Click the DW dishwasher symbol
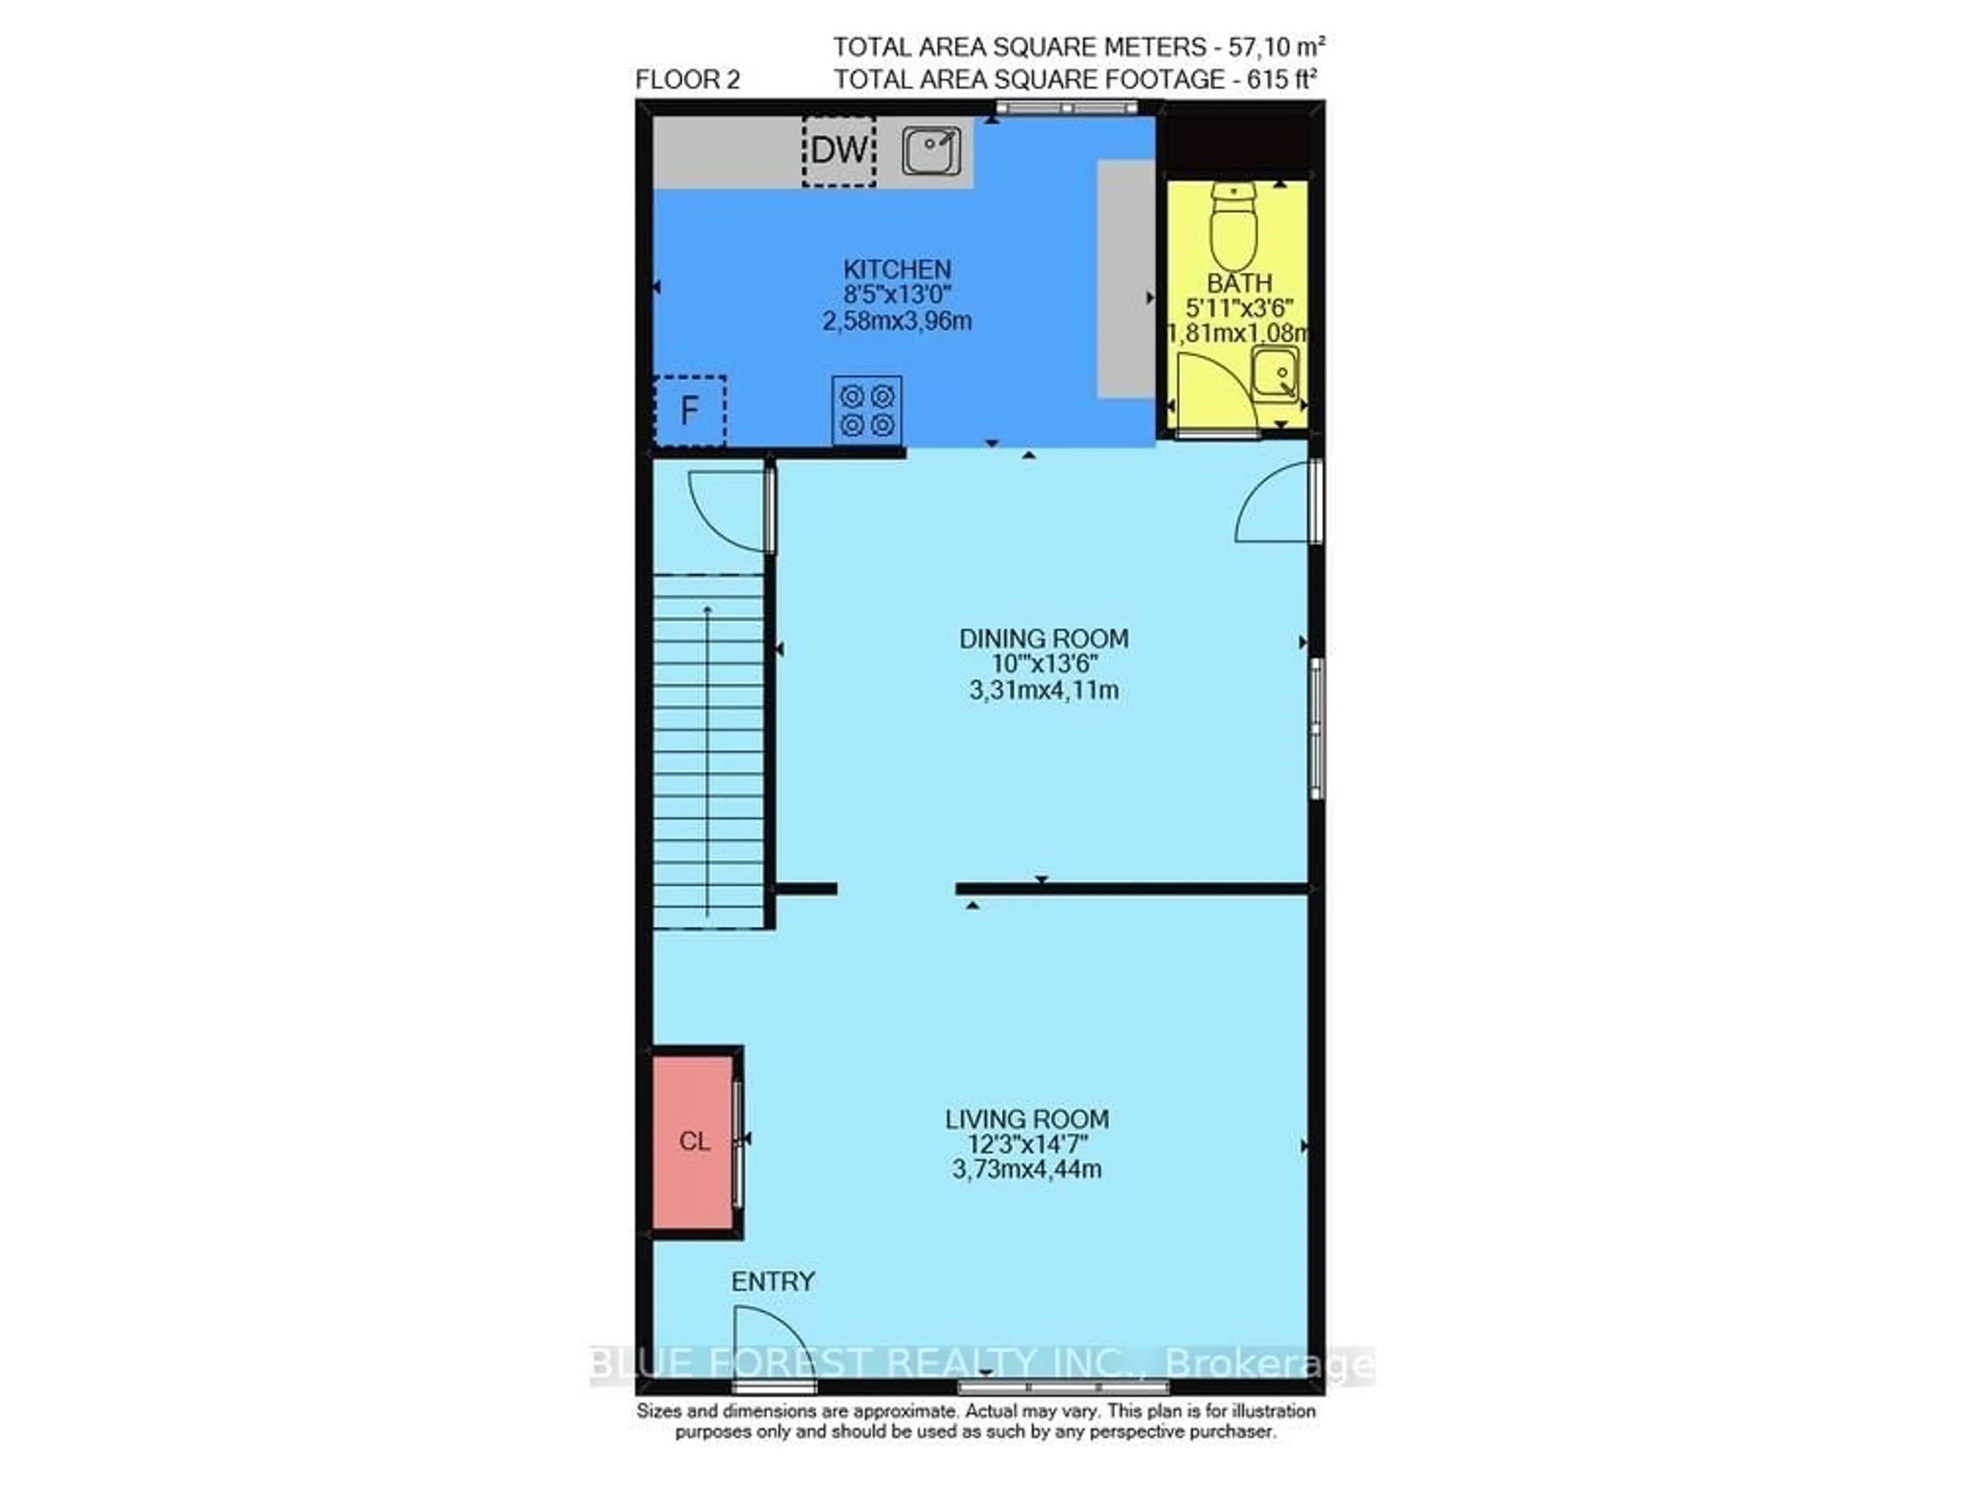(839, 151)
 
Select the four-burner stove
(867, 410)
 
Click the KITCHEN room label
(897, 269)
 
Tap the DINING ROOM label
(1044, 638)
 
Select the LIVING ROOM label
(1027, 1119)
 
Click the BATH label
(1239, 283)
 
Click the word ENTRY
(773, 1281)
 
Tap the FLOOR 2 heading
(688, 80)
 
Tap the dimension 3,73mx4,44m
(1027, 1169)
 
